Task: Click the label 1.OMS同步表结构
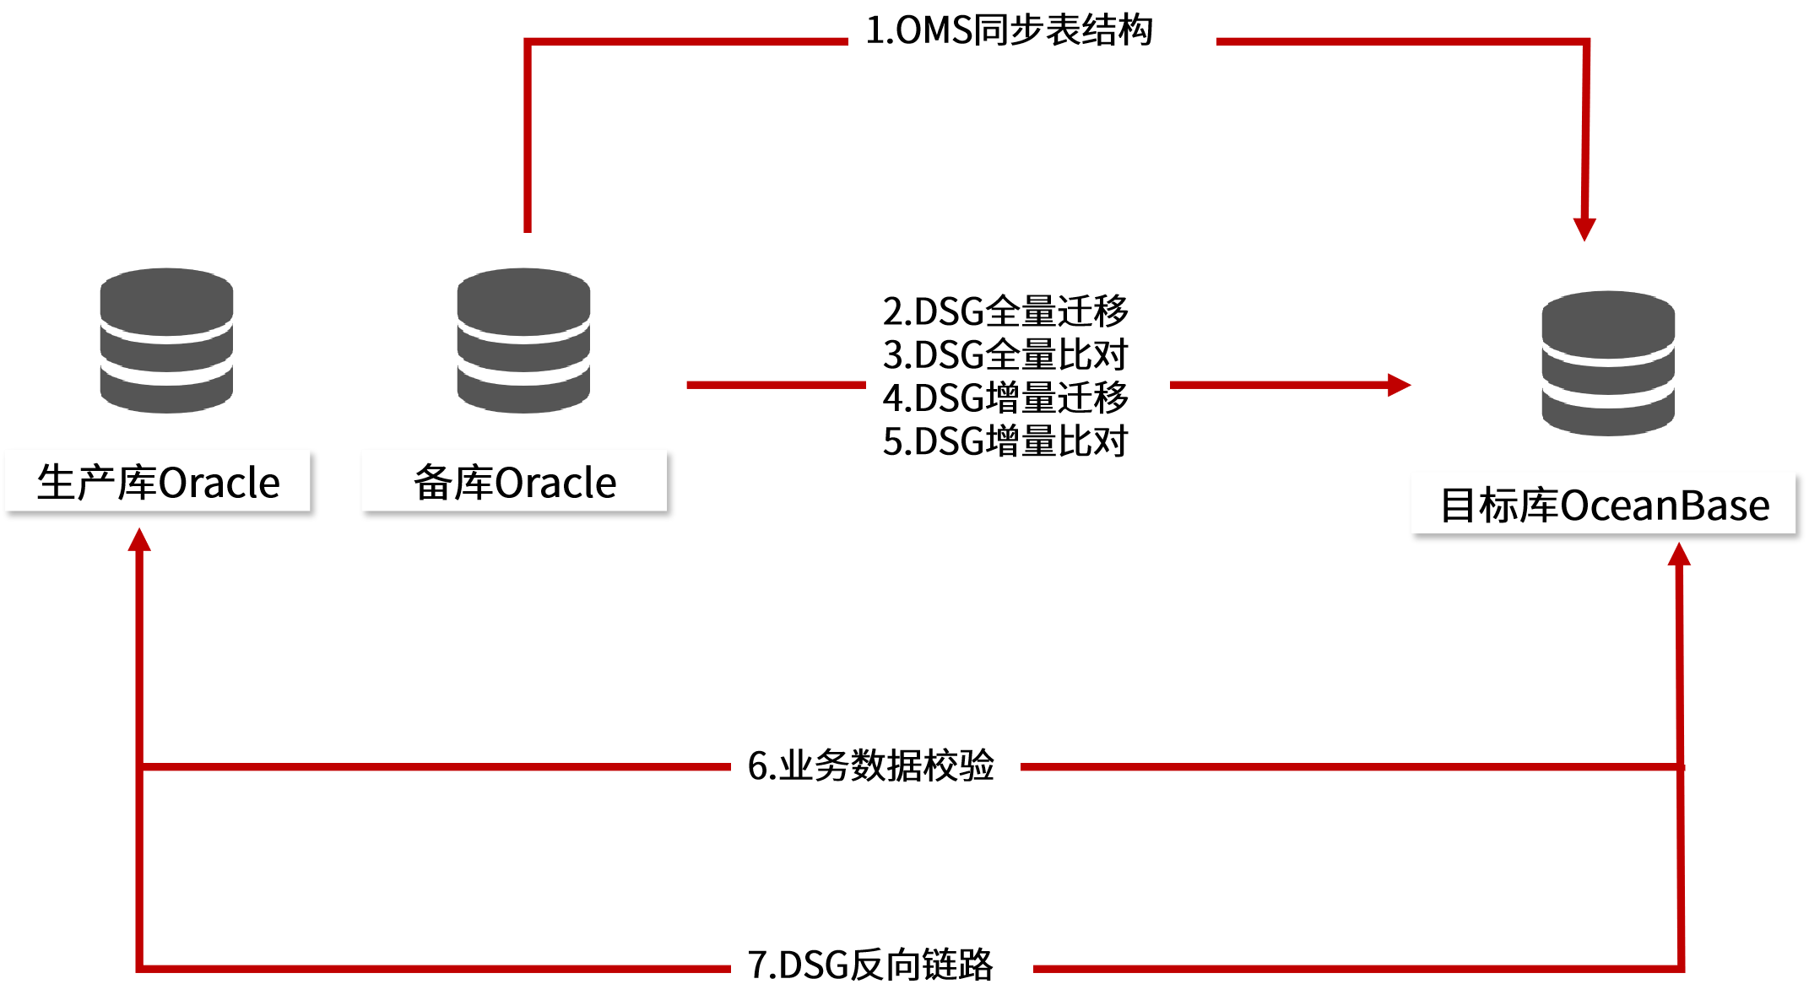(1010, 30)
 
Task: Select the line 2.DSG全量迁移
(1005, 311)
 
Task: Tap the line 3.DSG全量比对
(1005, 354)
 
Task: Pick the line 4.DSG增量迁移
(1005, 397)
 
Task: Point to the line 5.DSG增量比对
(1005, 441)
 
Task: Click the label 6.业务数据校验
(871, 765)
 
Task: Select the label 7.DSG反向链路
(871, 965)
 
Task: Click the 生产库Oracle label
(158, 482)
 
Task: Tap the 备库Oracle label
(514, 482)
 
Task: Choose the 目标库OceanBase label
(1604, 505)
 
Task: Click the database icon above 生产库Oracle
(166, 340)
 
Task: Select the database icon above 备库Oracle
(523, 340)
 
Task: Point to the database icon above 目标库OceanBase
(1608, 363)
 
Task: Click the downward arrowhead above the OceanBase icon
(1584, 229)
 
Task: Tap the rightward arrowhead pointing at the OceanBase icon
(1399, 385)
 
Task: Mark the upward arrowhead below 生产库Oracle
(139, 541)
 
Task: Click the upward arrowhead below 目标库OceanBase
(1679, 554)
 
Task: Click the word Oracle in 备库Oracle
(555, 484)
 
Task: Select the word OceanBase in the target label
(1665, 506)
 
